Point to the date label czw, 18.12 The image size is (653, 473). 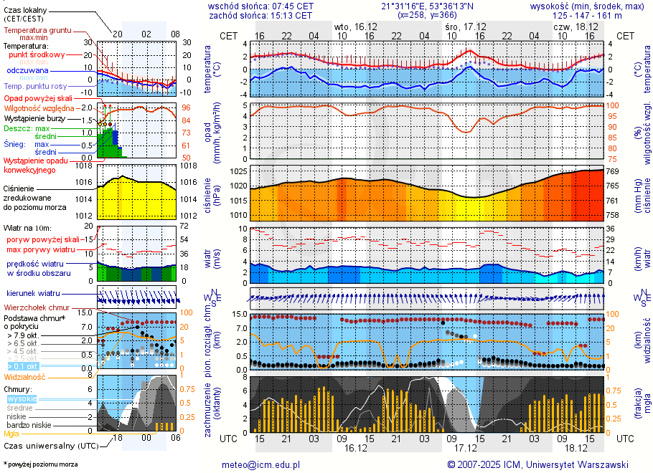point(570,26)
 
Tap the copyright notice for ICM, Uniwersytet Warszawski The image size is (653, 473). point(537,464)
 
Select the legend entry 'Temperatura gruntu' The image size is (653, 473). point(41,30)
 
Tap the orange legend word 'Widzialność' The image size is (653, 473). point(25,376)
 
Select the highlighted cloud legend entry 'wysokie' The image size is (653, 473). point(22,398)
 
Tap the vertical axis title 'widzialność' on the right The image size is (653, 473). point(645,342)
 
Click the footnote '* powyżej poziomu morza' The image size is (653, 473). point(40,464)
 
